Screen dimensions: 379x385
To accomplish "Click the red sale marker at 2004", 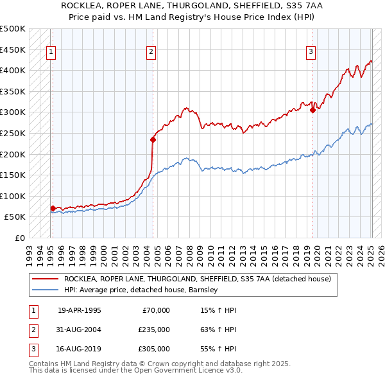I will pos(153,139).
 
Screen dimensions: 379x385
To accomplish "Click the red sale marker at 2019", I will pos(312,110).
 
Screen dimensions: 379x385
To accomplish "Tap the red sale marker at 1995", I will pos(53,208).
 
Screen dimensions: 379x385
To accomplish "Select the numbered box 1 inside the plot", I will pos(51,53).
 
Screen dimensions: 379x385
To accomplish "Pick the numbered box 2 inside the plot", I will pos(151,53).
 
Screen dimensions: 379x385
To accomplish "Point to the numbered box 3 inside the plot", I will pos(311,53).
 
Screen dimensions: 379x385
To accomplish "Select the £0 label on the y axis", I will pos(20,238).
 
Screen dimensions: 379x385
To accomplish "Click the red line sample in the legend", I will pos(45,279).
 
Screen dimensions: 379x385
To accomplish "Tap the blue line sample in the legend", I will pos(45,290).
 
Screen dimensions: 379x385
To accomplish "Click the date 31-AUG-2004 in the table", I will pos(79,330).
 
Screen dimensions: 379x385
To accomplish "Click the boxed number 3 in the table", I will pos(32,349).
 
